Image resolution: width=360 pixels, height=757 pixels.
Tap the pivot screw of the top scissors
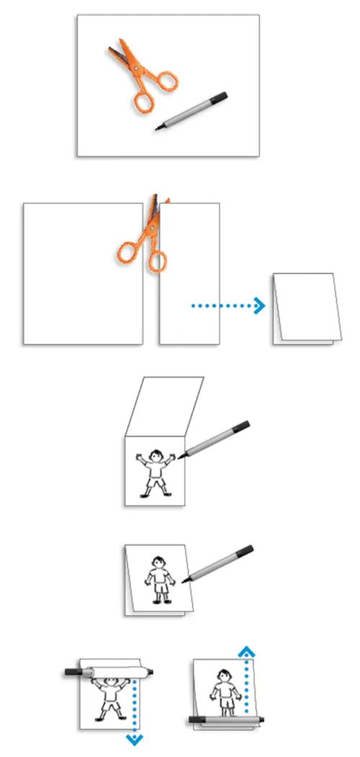coord(134,67)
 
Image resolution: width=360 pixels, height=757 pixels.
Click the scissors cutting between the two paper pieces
coord(147,241)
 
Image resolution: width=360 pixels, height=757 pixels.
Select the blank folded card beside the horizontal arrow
coord(304,308)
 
